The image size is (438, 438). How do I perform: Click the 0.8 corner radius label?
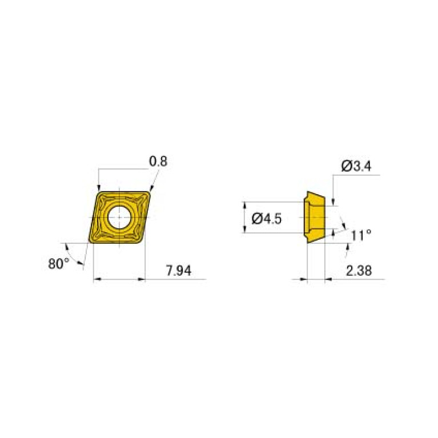(x=158, y=162)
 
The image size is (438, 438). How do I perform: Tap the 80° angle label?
(x=58, y=263)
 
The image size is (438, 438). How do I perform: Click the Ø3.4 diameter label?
(x=357, y=166)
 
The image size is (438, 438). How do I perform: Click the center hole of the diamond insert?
(x=119, y=217)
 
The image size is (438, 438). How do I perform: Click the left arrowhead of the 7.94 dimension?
(x=95, y=280)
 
